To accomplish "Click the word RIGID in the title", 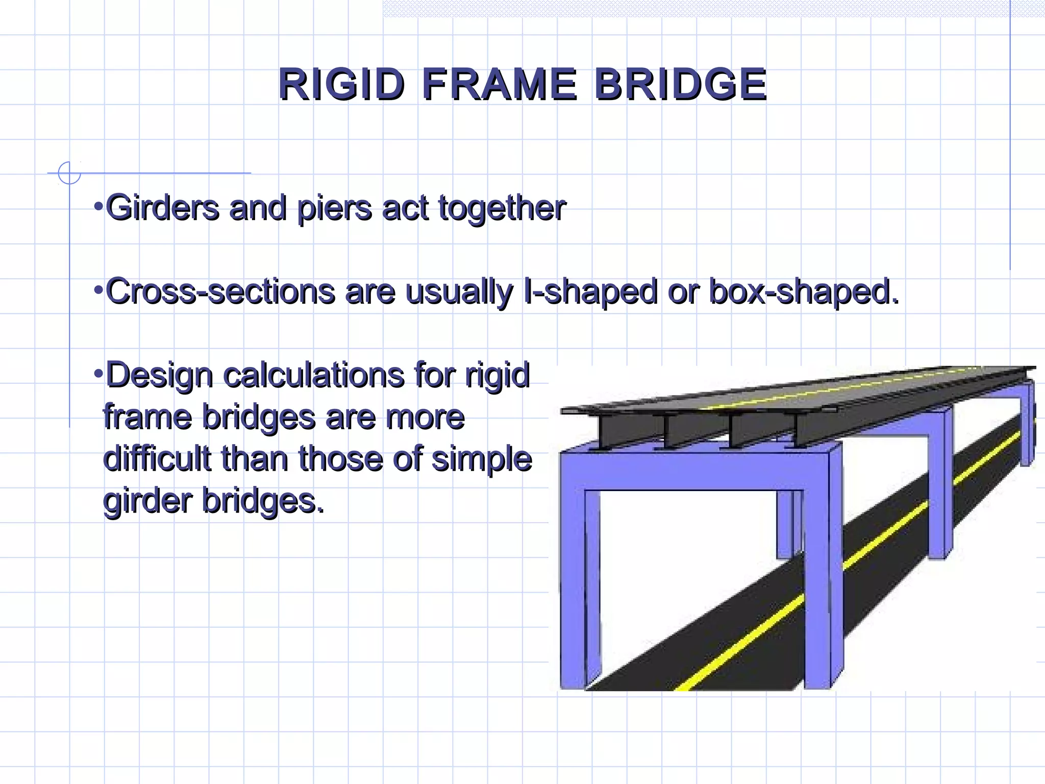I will tap(341, 84).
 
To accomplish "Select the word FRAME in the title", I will tap(500, 84).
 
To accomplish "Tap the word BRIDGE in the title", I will tap(681, 84).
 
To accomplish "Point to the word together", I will tap(502, 209).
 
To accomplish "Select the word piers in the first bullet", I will tap(334, 209).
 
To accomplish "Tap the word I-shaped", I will tap(590, 292).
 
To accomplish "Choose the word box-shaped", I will tap(803, 292).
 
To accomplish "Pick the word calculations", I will tap(314, 375).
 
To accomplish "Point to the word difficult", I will tap(157, 458).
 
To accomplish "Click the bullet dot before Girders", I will tap(98, 207).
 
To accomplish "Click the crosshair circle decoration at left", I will tap(69, 173).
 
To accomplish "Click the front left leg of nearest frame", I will tap(573, 587).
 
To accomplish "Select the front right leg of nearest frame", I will tap(818, 587).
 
